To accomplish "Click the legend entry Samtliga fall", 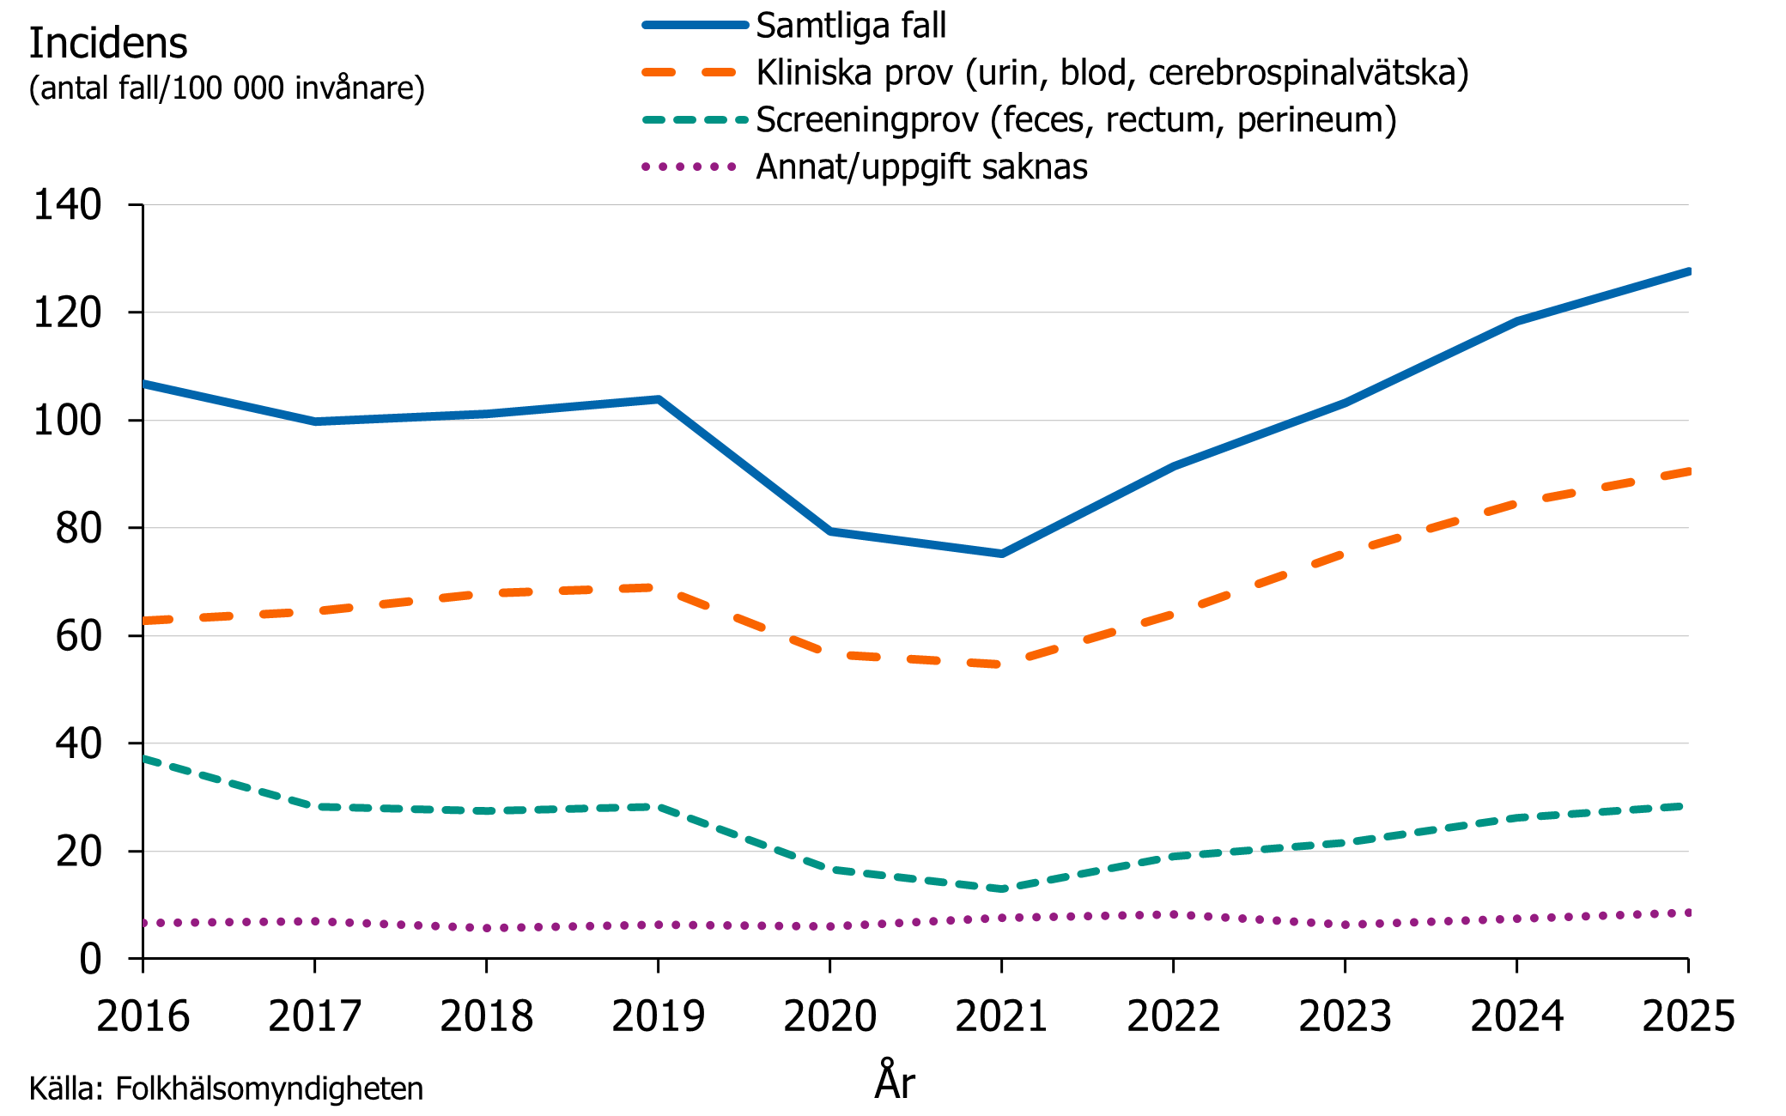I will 850,26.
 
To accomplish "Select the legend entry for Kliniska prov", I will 1112,73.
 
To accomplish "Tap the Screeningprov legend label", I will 1075,120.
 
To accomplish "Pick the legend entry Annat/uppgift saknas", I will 920,167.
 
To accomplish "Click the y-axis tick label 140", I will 67,205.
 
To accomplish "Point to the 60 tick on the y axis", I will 78,636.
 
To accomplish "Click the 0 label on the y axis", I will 90,959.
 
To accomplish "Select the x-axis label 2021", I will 1001,1017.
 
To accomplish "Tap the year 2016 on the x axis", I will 143,1017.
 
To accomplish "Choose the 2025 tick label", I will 1688,1017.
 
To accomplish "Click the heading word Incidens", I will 108,43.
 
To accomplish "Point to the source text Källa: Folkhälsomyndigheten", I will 226,1089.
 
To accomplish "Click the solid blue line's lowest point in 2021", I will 1001,554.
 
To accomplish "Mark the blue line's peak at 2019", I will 658,399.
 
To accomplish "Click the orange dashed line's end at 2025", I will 1686,471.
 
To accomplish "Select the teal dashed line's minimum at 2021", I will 1001,889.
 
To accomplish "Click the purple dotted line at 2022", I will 1173,915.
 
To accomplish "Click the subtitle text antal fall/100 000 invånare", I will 227,88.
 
